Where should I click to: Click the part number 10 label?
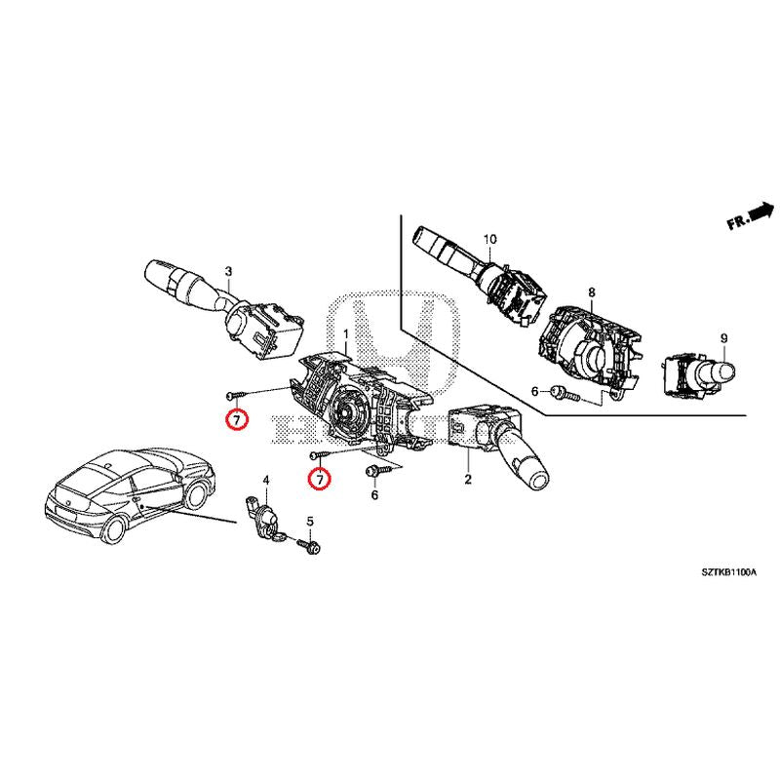point(490,239)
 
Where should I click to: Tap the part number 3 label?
point(228,272)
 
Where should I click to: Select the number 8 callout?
point(592,292)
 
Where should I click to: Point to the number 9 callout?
point(723,338)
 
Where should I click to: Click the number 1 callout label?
point(346,335)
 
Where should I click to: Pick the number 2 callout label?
point(468,480)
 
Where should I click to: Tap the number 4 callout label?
point(266,481)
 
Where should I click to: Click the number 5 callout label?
point(310,522)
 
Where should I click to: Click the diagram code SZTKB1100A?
point(728,572)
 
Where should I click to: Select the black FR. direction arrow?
point(761,212)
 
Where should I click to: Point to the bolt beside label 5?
point(309,547)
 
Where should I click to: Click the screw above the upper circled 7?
point(236,395)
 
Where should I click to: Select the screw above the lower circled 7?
point(320,454)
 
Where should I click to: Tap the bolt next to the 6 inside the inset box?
point(565,394)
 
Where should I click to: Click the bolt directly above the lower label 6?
point(378,470)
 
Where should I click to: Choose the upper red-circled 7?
point(236,420)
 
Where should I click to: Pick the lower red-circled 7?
point(320,479)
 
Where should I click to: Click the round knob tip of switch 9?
point(725,371)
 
